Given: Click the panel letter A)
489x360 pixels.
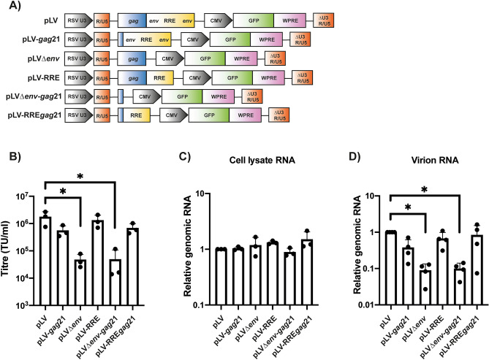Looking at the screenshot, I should [10, 7].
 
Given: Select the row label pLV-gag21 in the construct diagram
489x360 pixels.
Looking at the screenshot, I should [33, 41].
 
